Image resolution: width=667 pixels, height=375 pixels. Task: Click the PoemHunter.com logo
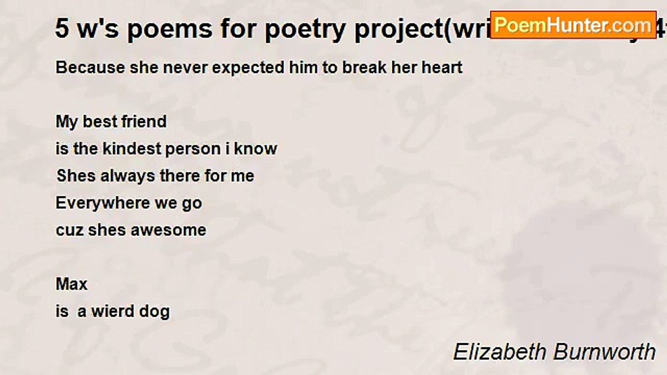tap(573, 24)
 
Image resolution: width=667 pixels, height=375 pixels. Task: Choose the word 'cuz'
tap(69, 230)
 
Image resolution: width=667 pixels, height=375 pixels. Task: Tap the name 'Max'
tap(71, 284)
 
